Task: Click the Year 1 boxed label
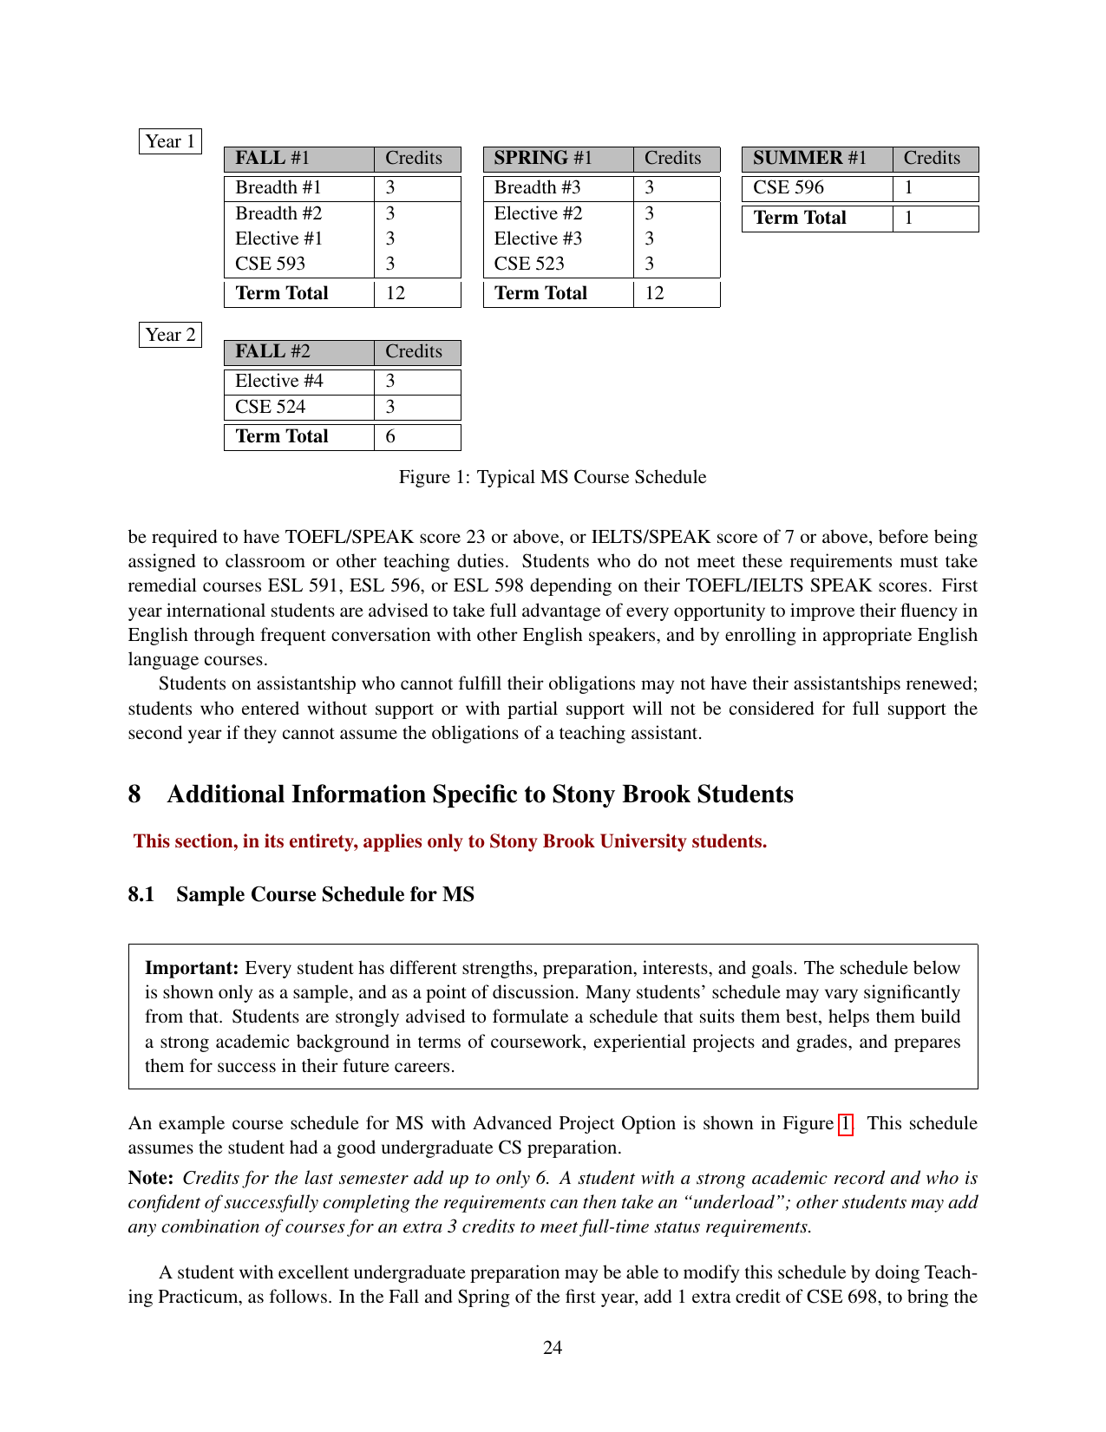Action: click(x=170, y=141)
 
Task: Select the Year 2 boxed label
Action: click(x=170, y=335)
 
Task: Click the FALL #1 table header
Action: click(x=272, y=158)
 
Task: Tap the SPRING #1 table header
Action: click(x=543, y=158)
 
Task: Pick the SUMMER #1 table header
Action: click(x=809, y=158)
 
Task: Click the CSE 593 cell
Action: click(x=271, y=264)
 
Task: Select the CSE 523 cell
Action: click(x=529, y=264)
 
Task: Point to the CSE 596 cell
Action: click(x=789, y=187)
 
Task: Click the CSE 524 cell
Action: click(x=271, y=407)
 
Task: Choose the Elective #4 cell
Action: click(x=279, y=381)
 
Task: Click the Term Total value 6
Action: click(x=390, y=436)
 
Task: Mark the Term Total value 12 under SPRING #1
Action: click(x=655, y=293)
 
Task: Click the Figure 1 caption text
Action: click(x=553, y=477)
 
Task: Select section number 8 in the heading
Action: click(x=134, y=794)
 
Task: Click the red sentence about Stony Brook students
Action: click(x=450, y=841)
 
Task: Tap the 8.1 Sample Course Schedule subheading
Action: click(x=301, y=894)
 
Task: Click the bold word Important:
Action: click(x=192, y=968)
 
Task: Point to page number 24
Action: click(x=553, y=1347)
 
